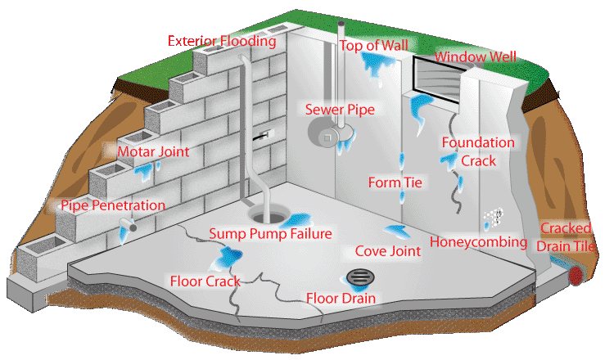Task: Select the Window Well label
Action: [476, 57]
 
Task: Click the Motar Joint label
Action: [153, 151]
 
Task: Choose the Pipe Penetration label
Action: [113, 205]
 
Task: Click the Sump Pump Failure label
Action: [270, 234]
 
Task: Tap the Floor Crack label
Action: [205, 281]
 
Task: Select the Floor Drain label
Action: [341, 298]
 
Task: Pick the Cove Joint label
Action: [387, 251]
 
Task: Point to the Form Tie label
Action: [395, 182]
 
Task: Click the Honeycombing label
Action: [478, 242]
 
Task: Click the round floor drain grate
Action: [359, 277]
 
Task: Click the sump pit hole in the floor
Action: [267, 215]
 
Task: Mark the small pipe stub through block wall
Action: [129, 224]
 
